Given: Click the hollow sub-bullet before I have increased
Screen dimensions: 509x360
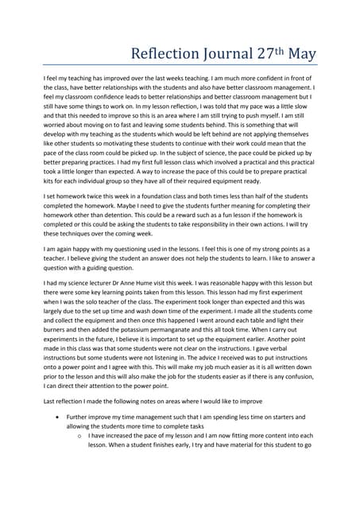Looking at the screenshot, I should [79, 437].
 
